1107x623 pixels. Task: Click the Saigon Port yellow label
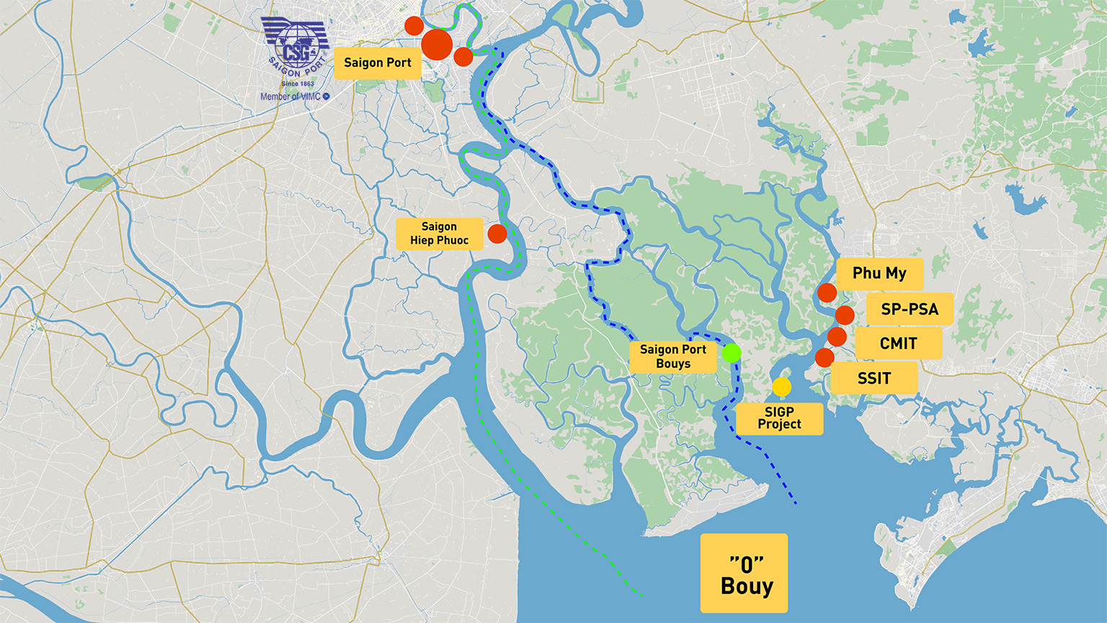click(x=377, y=63)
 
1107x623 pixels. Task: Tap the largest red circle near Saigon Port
click(x=436, y=45)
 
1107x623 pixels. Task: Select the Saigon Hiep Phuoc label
click(x=439, y=234)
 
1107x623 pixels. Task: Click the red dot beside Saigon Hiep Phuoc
click(x=497, y=233)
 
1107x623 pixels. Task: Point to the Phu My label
click(x=879, y=273)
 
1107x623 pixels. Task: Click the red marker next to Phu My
click(x=827, y=293)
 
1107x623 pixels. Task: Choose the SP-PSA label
click(x=909, y=309)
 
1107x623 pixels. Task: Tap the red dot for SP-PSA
click(x=845, y=315)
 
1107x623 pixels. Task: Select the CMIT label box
click(x=898, y=343)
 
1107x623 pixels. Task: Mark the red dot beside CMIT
click(x=837, y=336)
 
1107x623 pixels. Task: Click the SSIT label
click(x=873, y=378)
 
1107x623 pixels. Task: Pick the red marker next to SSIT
click(x=824, y=357)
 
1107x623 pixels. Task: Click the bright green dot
click(x=732, y=353)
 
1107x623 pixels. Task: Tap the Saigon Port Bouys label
click(x=672, y=357)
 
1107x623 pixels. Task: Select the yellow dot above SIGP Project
click(x=781, y=387)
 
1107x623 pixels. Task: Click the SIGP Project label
click(x=779, y=418)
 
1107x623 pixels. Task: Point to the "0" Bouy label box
click(x=744, y=574)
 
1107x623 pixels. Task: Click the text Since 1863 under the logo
click(x=297, y=84)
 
